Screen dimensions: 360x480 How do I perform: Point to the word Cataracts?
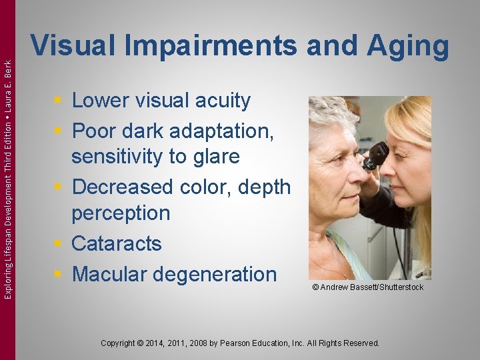117,244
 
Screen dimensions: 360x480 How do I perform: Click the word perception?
121,214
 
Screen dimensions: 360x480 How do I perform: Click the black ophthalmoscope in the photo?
376,155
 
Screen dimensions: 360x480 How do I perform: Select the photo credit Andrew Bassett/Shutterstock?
367,287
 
